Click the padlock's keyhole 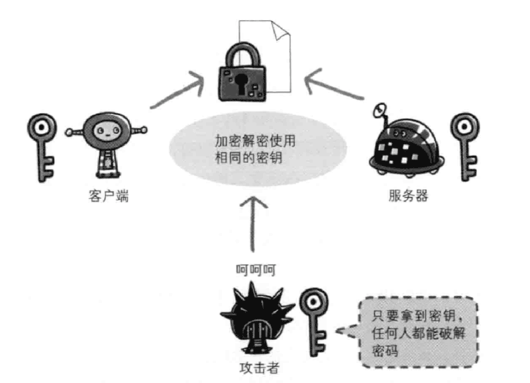point(243,80)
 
